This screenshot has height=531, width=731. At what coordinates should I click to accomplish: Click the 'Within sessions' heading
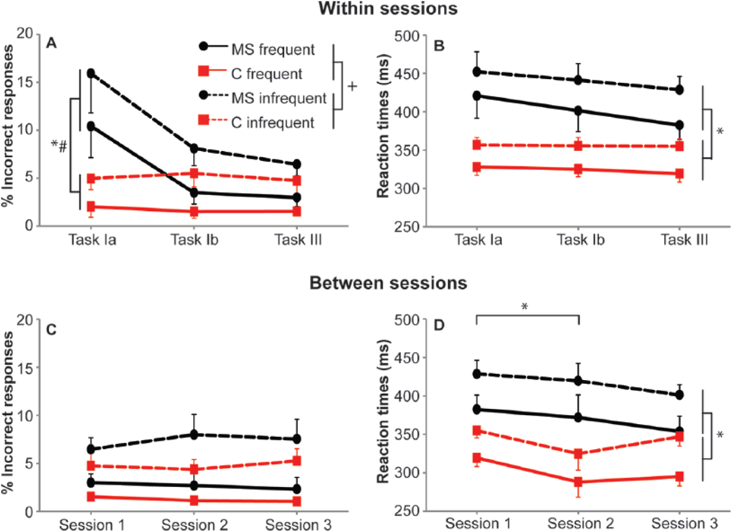(388, 8)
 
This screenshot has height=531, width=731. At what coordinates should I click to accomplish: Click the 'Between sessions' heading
(388, 283)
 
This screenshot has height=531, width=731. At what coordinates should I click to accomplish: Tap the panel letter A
(51, 43)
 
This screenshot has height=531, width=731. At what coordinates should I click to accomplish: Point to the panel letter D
(439, 325)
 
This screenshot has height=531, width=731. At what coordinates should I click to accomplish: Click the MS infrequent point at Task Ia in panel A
(91, 73)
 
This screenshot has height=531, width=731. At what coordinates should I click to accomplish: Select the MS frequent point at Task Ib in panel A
(194, 193)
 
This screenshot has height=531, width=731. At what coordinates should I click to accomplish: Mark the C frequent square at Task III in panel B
(680, 173)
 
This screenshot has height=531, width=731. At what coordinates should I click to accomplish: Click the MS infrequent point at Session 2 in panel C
(194, 435)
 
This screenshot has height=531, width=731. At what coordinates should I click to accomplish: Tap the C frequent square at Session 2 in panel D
(578, 482)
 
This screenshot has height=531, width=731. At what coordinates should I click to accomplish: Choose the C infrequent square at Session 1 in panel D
(477, 430)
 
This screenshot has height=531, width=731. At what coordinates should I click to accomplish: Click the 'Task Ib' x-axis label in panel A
(195, 240)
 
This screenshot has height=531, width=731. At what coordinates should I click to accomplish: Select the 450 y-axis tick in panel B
(406, 74)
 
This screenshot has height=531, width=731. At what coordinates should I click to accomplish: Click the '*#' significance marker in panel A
(59, 146)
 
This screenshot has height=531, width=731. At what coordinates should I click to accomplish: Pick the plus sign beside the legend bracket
(352, 86)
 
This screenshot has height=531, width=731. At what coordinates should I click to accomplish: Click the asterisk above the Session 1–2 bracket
(524, 307)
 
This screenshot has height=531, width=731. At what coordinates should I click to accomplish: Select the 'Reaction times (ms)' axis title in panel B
(383, 126)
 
